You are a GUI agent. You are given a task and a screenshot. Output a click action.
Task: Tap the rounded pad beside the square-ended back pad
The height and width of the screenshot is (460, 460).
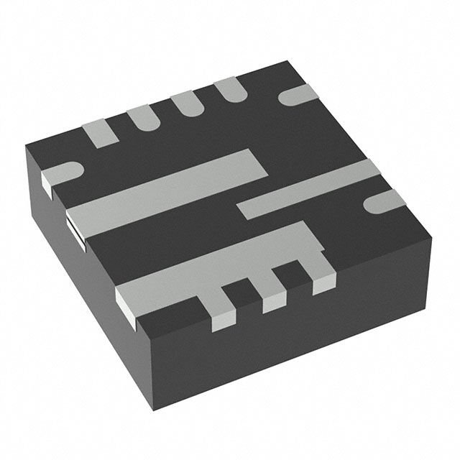click(x=142, y=119)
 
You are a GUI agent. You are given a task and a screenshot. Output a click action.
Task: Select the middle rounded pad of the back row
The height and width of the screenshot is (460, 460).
click(x=186, y=105)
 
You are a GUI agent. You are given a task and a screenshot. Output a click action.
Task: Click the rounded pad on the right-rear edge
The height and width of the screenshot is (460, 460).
click(x=297, y=95)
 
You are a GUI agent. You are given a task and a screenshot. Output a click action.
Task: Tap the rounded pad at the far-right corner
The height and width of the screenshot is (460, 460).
click(x=380, y=202)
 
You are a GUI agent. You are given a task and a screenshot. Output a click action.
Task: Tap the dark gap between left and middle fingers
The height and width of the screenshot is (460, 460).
click(x=247, y=295)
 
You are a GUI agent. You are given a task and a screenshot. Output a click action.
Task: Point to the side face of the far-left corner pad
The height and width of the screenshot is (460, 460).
click(x=48, y=186)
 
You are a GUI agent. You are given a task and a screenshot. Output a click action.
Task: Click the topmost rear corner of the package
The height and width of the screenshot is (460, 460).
click(x=285, y=63)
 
